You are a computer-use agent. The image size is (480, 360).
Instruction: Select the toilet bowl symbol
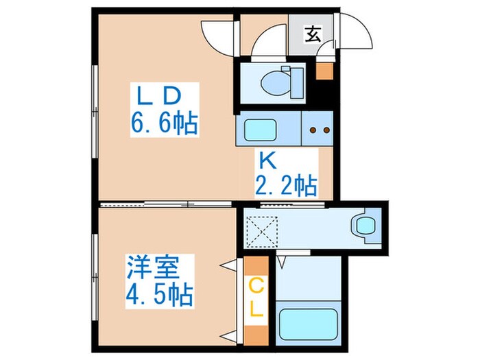[x=283, y=80]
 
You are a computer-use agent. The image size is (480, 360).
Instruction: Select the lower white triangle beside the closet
[x=226, y=335]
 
